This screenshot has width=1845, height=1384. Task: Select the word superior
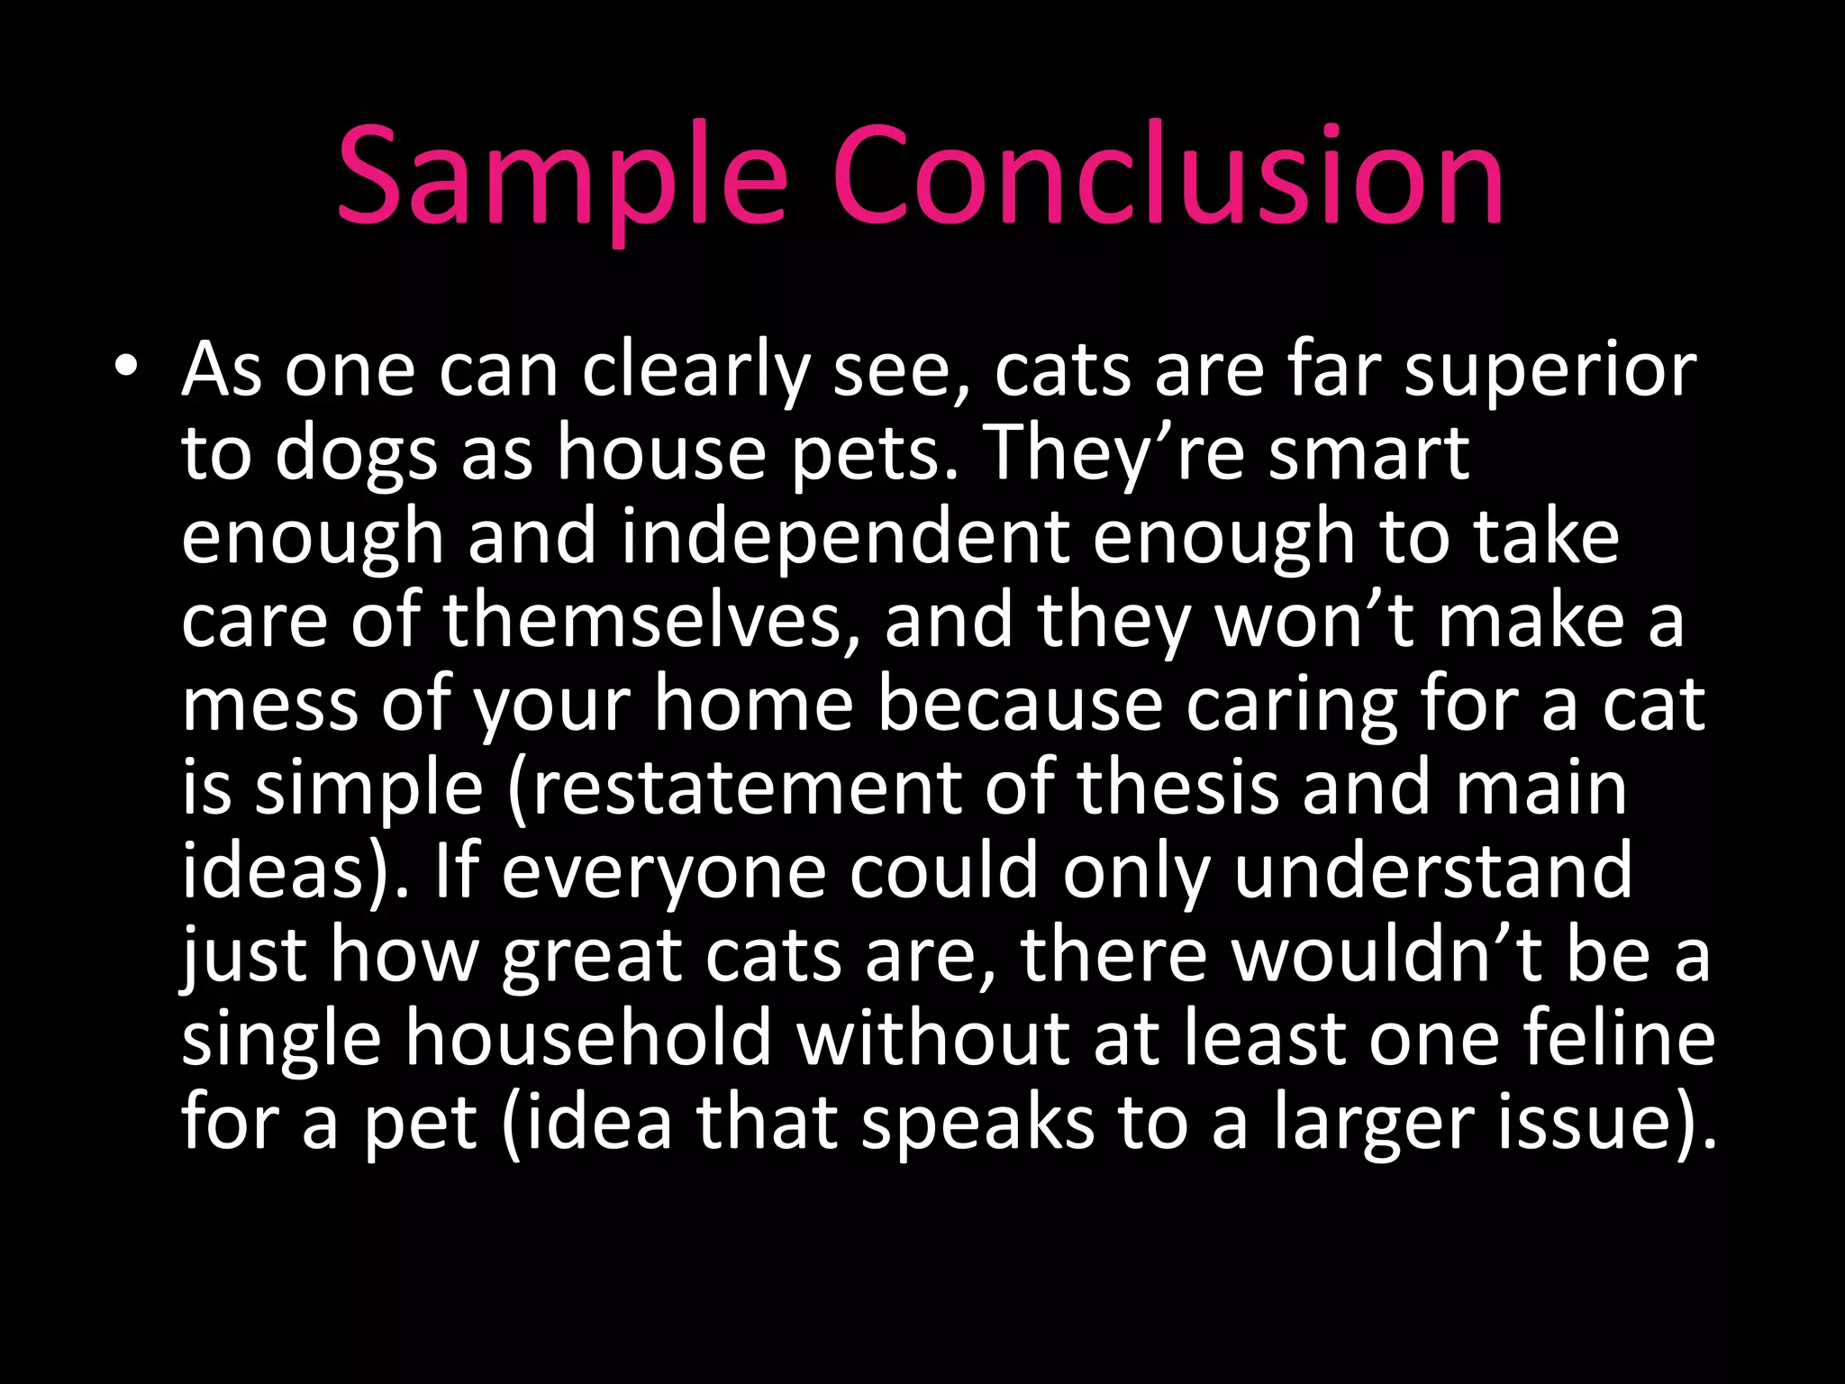(1550, 371)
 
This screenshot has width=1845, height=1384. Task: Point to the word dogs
(356, 455)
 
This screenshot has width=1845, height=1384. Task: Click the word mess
(269, 705)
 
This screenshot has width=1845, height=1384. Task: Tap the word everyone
(663, 872)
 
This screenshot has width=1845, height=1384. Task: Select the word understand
(1432, 872)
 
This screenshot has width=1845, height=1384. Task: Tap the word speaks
(977, 1123)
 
